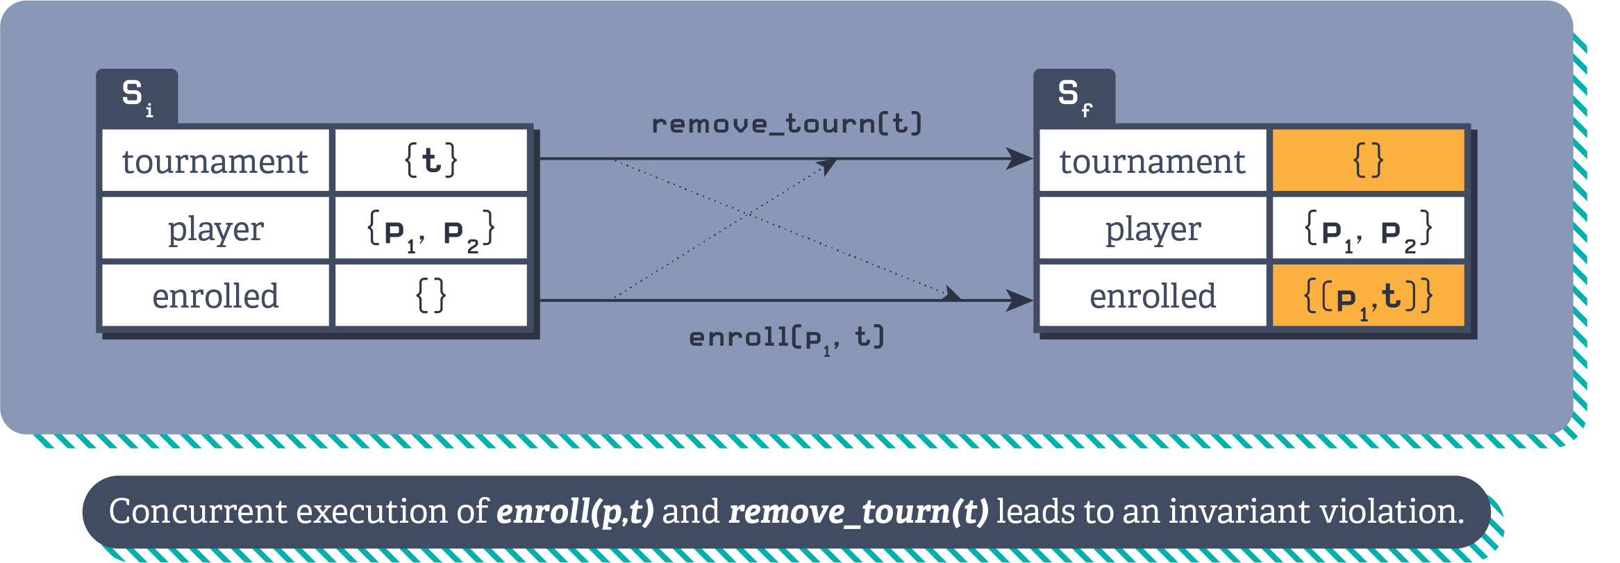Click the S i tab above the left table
tap(137, 96)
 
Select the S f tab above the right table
tap(1074, 96)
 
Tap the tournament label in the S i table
tap(215, 161)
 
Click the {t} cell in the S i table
tap(431, 160)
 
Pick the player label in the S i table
tap(215, 229)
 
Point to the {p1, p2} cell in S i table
tap(431, 229)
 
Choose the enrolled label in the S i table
tap(215, 296)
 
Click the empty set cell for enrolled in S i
tap(431, 296)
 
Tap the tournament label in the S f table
tap(1153, 161)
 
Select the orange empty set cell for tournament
tap(1368, 160)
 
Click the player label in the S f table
tap(1153, 229)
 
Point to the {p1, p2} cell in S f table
tap(1368, 229)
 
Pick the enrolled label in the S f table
tap(1153, 296)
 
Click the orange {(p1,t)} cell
tap(1368, 296)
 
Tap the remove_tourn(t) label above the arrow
tap(786, 124)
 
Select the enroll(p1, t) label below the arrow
tap(786, 338)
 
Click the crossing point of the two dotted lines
tap(747, 215)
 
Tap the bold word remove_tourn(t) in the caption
tap(858, 512)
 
